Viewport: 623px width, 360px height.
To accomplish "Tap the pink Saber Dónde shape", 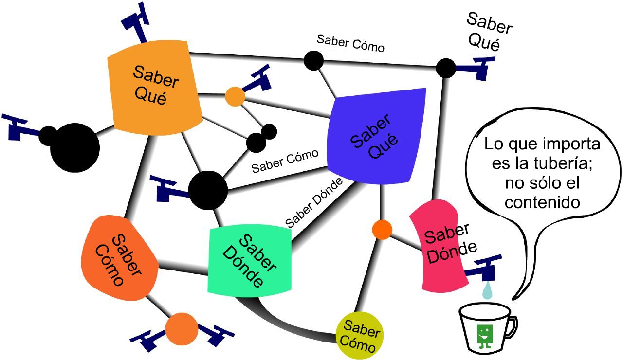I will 438,246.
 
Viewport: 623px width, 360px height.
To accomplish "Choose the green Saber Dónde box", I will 249,260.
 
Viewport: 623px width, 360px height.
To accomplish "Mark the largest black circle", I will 74,147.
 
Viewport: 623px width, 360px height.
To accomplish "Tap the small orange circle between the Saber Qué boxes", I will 235,96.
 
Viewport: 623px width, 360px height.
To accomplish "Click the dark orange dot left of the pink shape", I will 382,230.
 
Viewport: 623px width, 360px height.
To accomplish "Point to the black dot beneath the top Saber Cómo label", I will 314,60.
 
